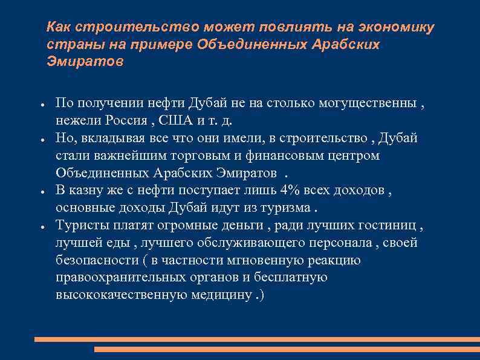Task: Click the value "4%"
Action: (288, 190)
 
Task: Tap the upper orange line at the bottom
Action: (257, 339)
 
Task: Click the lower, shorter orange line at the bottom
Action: (287, 349)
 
